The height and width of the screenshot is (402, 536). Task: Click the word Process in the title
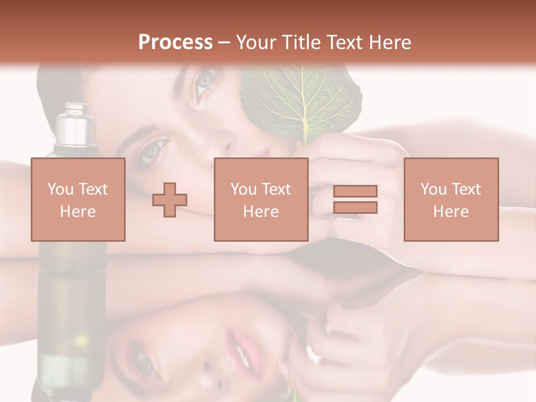(175, 42)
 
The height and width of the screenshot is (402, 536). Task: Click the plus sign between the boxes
(170, 200)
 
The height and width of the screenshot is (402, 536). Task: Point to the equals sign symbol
(355, 199)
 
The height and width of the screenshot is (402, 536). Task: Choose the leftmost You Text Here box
(78, 199)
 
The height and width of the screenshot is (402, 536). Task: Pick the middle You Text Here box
(261, 199)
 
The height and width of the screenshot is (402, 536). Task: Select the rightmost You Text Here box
(451, 199)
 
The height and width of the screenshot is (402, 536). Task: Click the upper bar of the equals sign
(355, 192)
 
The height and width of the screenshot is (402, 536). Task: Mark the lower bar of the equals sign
(355, 207)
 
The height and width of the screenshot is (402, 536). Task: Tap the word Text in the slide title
(341, 42)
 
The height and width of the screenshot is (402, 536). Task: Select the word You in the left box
(60, 189)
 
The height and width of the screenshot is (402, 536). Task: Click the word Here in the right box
(451, 211)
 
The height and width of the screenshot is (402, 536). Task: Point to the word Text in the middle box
(276, 189)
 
